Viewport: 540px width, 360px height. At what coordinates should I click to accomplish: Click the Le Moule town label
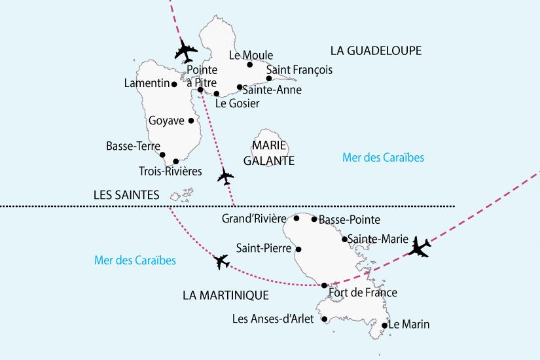point(251,56)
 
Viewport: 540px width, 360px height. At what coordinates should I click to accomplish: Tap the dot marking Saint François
point(269,79)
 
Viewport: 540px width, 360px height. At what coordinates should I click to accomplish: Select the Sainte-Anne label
point(272,90)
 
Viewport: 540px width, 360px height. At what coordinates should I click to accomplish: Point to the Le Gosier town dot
point(217,94)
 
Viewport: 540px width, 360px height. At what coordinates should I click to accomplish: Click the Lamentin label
point(147,83)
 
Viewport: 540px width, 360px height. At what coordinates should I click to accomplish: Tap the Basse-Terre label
point(129,147)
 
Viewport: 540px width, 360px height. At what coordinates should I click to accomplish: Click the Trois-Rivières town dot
point(176,162)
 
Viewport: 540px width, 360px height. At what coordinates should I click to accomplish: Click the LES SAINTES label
point(126,194)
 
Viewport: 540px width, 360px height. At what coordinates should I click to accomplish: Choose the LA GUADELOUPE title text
point(375,50)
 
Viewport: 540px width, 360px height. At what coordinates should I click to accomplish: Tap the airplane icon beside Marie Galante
point(225,176)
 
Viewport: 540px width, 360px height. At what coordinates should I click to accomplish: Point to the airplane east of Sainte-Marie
point(419,247)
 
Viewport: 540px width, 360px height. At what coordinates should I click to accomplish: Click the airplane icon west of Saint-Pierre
point(222,262)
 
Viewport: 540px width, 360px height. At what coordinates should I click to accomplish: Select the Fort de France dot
point(325,285)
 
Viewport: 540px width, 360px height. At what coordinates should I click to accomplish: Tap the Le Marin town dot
point(384,325)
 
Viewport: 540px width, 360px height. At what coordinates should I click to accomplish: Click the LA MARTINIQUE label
point(226,295)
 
